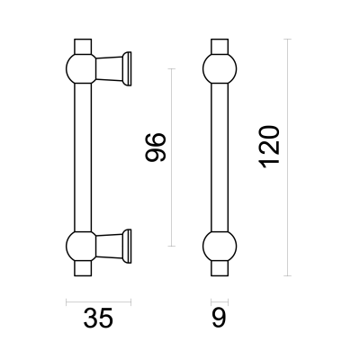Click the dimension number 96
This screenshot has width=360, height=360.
[155, 147]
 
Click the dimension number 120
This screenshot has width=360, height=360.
[269, 147]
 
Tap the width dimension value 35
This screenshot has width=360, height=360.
[98, 318]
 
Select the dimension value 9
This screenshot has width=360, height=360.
[220, 318]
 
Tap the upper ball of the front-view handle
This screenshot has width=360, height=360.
[220, 68]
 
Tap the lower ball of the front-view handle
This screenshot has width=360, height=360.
[220, 247]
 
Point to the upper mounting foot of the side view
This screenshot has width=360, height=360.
[113, 68]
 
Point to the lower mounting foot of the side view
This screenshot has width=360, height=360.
[113, 247]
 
